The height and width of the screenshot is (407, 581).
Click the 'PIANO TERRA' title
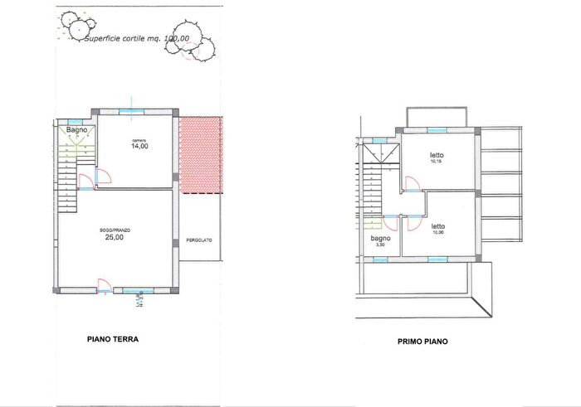coord(113,339)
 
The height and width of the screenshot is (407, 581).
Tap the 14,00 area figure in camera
coord(139,146)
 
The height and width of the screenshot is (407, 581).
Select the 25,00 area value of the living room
coord(114,236)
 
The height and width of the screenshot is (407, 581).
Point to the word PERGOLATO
coord(199,240)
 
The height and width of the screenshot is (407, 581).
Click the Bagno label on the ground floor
coord(76,129)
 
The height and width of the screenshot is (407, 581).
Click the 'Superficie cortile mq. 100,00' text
coord(137,37)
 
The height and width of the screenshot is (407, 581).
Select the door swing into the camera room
coord(105,176)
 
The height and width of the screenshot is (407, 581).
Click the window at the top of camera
coord(129,111)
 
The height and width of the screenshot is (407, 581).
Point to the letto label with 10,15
coord(437,157)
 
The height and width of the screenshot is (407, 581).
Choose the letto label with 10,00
coord(437,227)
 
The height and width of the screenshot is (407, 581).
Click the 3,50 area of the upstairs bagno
coord(380,245)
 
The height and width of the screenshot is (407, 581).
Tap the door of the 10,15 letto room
coord(411,186)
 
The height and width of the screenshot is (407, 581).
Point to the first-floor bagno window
coord(379,259)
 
